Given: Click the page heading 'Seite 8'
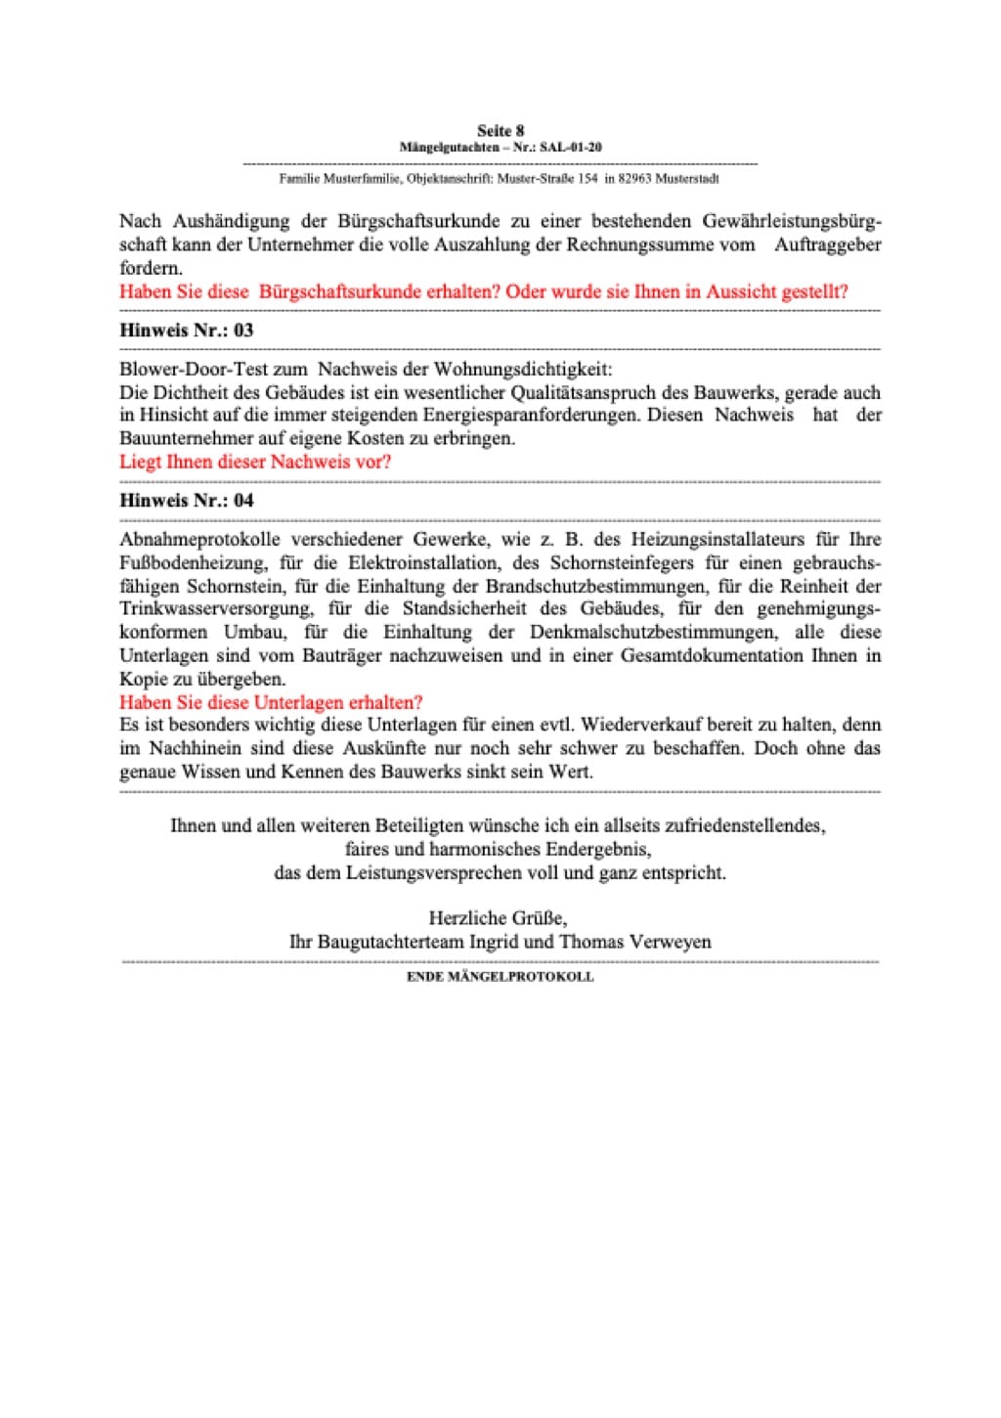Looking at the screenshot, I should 500,131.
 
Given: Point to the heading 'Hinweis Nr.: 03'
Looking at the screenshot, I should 186,331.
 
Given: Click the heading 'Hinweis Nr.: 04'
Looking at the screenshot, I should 186,501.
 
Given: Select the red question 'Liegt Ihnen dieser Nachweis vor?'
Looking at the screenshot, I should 254,462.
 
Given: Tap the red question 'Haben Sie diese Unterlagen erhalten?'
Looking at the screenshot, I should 271,702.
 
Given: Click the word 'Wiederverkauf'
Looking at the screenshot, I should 649,726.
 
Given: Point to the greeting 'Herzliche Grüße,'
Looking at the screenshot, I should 498,918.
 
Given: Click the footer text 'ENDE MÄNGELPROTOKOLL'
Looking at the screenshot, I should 500,976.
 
